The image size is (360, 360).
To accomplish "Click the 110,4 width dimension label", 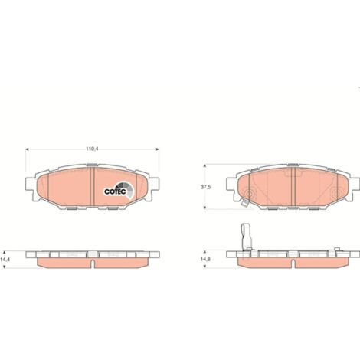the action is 92,149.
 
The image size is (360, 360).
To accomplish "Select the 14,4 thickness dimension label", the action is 4,259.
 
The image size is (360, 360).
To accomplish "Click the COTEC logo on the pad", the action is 119,190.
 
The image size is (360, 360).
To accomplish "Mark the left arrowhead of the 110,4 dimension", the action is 27,149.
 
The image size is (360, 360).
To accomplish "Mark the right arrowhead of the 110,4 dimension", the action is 157,149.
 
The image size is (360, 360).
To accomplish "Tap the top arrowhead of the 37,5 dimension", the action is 205,165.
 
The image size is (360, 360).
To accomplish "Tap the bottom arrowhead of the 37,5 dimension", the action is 205,208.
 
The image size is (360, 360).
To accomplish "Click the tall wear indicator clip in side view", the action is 247,236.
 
